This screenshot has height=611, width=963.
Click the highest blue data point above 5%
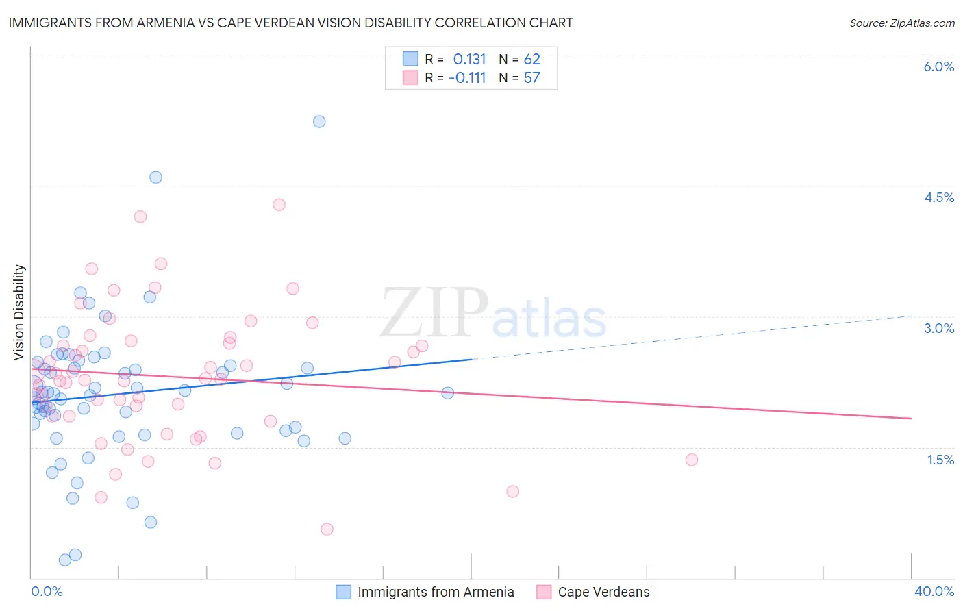(x=319, y=121)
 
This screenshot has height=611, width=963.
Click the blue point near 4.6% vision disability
(x=155, y=177)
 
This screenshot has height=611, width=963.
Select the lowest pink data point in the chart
(x=327, y=529)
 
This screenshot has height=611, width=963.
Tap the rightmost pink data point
(x=691, y=460)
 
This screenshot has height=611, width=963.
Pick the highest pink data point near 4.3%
(x=279, y=204)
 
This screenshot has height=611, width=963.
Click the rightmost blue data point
(x=447, y=392)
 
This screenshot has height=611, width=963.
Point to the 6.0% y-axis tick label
(x=938, y=66)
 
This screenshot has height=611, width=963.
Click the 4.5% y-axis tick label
(x=938, y=197)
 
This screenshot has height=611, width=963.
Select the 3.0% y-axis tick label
(x=938, y=328)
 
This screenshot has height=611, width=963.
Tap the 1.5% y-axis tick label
(x=940, y=460)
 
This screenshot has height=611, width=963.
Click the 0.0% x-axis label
(x=47, y=591)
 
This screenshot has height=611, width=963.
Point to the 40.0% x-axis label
(x=934, y=591)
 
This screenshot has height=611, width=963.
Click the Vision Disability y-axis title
(x=19, y=312)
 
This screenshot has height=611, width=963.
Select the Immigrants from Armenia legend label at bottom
(x=436, y=592)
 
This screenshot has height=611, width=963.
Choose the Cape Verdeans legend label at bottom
(x=603, y=592)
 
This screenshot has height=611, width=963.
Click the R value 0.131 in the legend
(x=469, y=60)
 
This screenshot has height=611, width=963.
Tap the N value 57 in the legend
(x=531, y=78)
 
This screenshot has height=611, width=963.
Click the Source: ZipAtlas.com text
(x=901, y=23)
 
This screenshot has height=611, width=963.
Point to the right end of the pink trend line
(x=911, y=418)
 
